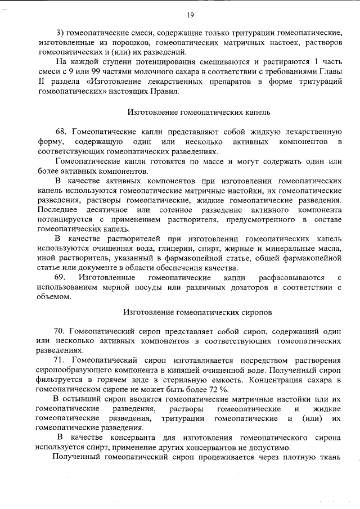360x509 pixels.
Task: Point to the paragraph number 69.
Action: pos(60,278)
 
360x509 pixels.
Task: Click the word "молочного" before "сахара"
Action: pos(168,71)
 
